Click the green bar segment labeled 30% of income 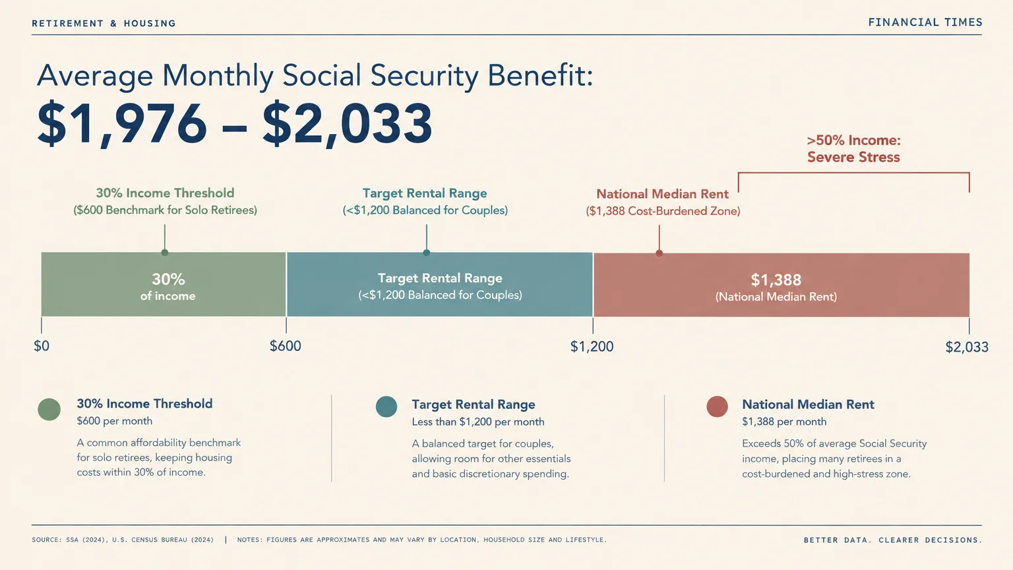[x=164, y=284]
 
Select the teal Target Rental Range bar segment [x=440, y=284]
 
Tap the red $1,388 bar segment [x=781, y=285]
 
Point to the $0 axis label [x=42, y=346]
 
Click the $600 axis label [x=286, y=346]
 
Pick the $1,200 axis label [x=592, y=346]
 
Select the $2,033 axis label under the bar [x=967, y=347]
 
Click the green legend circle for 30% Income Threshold [x=49, y=410]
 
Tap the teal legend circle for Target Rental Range [x=386, y=406]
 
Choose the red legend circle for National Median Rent [x=718, y=406]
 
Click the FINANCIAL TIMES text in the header [x=925, y=22]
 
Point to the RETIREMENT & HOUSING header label [x=104, y=23]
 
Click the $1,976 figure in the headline [x=121, y=124]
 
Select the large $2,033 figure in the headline [x=348, y=124]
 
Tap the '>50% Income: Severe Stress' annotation [x=854, y=148]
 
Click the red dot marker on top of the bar [x=660, y=253]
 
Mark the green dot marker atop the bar [x=165, y=253]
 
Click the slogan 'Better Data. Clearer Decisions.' [x=893, y=540]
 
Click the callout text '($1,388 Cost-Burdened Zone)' [x=663, y=211]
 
